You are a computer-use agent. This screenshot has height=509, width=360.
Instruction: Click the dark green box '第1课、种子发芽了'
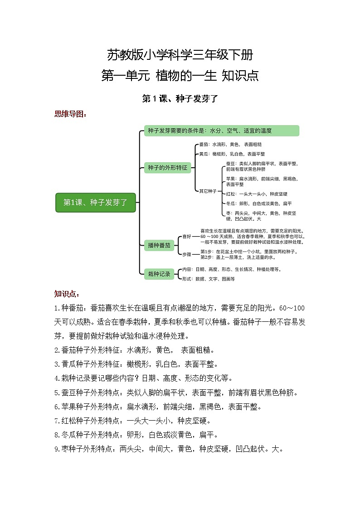pyautogui.click(x=95, y=203)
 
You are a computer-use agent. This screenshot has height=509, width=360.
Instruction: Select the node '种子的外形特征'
pyautogui.click(x=167, y=168)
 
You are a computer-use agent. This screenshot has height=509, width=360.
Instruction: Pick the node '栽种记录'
pyautogui.click(x=159, y=273)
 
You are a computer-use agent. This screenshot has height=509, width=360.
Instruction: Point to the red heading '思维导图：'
pyautogui.click(x=70, y=114)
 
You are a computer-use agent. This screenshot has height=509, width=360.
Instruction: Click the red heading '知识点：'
pyautogui.click(x=67, y=293)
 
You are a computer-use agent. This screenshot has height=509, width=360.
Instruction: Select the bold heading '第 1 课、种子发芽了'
pyautogui.click(x=180, y=98)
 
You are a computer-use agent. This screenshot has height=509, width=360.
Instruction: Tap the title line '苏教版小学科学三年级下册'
pyautogui.click(x=180, y=55)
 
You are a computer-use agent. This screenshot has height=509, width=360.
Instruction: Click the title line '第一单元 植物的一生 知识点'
pyautogui.click(x=180, y=75)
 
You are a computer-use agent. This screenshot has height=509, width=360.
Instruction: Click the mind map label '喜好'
pyautogui.click(x=187, y=237)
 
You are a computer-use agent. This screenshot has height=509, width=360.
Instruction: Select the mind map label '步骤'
pyautogui.click(x=187, y=254)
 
